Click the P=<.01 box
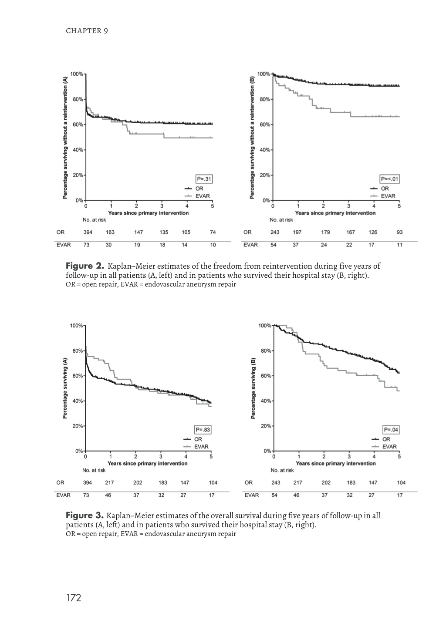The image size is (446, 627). tap(389, 179)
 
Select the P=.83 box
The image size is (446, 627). tap(203, 430)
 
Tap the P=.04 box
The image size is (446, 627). tap(391, 430)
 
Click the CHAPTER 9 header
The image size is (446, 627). tap(87, 31)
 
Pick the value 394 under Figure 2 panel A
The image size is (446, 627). tap(88, 233)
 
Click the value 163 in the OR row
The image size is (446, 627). tap(110, 233)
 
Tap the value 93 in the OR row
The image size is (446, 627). tap(400, 233)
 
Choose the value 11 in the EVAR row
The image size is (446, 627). tap(400, 245)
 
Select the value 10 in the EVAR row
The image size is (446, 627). tap(213, 245)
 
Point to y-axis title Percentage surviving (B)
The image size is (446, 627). tap(254, 388)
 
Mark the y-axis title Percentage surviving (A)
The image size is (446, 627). tap(65, 388)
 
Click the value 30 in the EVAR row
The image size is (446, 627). tap(109, 245)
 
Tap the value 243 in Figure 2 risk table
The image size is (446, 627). tap(275, 233)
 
